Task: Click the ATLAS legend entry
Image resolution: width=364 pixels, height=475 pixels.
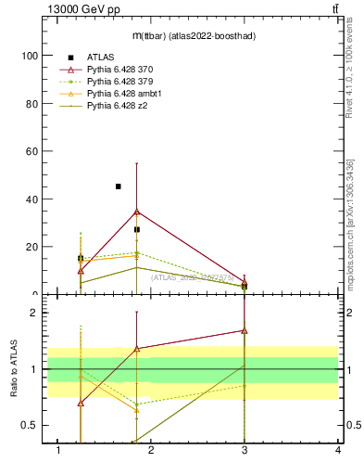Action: [x=101, y=58]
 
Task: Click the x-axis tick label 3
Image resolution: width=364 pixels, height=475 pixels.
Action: [x=245, y=451]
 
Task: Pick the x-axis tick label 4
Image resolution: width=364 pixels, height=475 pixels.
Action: [x=338, y=451]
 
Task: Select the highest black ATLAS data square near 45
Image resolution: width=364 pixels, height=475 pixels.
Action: [x=118, y=186]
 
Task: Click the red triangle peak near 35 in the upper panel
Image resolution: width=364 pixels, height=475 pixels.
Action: [x=137, y=212]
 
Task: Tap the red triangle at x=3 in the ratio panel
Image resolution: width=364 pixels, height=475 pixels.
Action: [x=245, y=330]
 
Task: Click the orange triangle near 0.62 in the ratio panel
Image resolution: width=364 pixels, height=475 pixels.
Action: [x=137, y=410]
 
